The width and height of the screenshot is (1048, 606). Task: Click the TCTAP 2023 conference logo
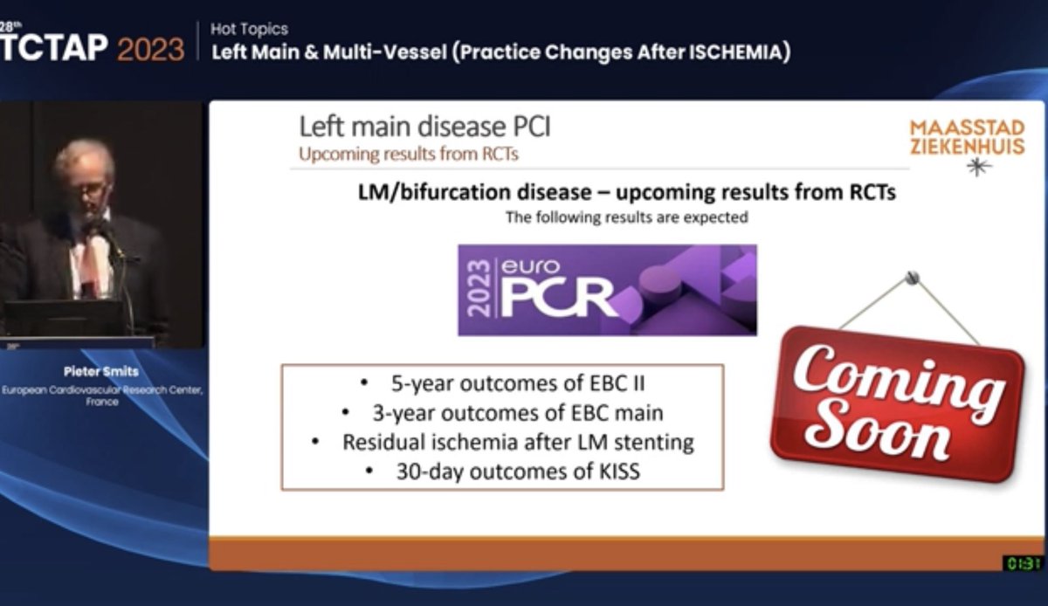coord(92,47)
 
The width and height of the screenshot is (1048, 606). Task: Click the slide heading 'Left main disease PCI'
coord(424,127)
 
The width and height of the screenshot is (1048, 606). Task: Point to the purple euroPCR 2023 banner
coord(607,290)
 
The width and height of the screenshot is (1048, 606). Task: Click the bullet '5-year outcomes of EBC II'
coord(502,382)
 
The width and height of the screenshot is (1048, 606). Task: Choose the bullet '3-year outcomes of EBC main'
coord(502,412)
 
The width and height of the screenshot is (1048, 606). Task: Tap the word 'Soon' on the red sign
coord(881,430)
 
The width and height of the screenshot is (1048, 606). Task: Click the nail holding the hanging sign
coord(913,279)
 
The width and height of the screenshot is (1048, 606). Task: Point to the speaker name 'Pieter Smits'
coord(102,371)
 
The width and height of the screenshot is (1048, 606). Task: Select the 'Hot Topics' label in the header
coord(249,30)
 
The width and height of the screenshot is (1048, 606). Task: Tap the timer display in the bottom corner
coord(1022,563)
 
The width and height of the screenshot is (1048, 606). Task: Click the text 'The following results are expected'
coord(626,217)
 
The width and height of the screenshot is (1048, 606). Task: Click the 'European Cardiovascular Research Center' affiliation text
coord(102,390)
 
